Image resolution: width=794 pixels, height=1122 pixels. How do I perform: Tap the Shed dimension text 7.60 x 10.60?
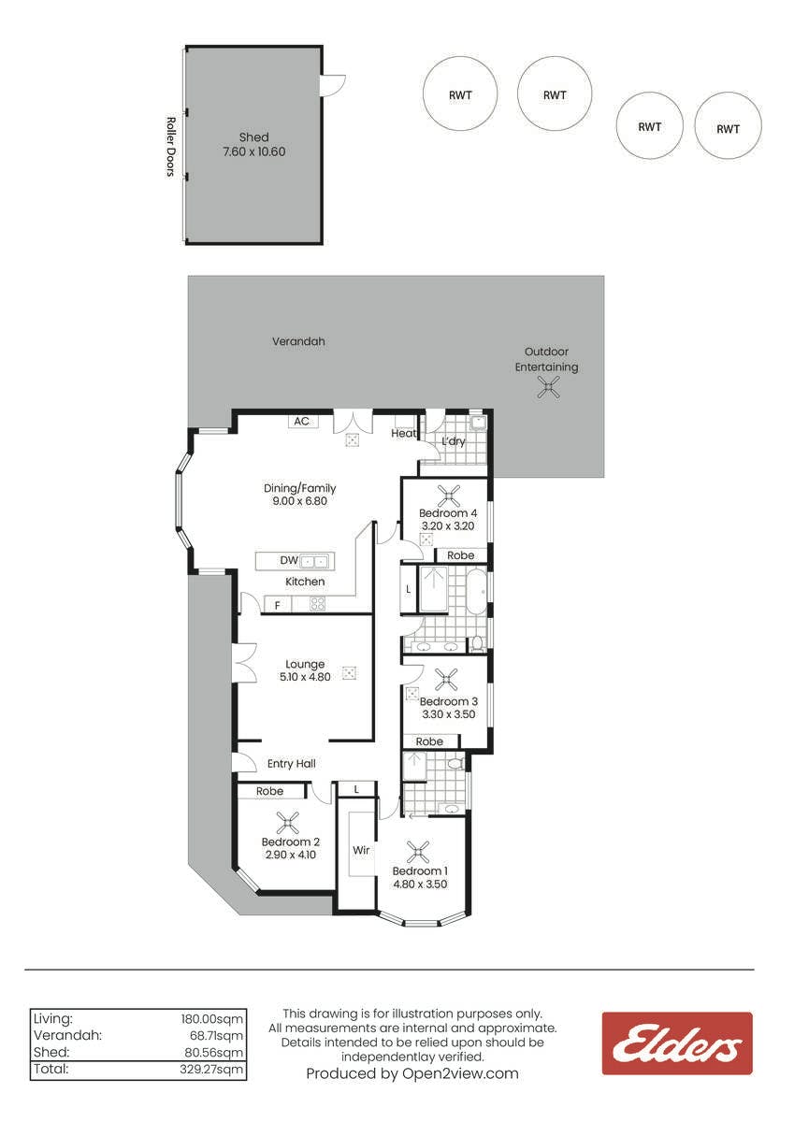pyautogui.click(x=254, y=151)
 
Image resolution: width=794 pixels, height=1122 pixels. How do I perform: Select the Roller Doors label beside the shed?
pyautogui.click(x=171, y=147)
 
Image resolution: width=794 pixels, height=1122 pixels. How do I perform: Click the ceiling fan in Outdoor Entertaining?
pyautogui.click(x=548, y=387)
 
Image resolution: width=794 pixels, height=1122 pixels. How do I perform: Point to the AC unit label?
pyautogui.click(x=301, y=422)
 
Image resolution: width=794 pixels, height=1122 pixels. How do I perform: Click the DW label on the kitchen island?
pyautogui.click(x=289, y=560)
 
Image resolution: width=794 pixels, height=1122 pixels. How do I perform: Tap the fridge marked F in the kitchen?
pyautogui.click(x=278, y=605)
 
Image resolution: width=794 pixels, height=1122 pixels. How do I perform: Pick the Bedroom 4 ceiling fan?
pyautogui.click(x=448, y=496)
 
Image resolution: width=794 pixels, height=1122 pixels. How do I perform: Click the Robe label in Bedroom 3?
pyautogui.click(x=429, y=741)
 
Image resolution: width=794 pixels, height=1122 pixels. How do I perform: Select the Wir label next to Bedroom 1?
pyautogui.click(x=361, y=850)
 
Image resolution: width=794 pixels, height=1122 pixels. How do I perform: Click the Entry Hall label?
pyautogui.click(x=291, y=764)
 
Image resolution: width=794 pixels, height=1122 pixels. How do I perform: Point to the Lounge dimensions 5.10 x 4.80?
pyautogui.click(x=305, y=677)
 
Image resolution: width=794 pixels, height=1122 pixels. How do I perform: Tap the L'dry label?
pyautogui.click(x=454, y=441)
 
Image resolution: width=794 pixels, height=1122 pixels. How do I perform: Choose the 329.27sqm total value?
pyautogui.click(x=211, y=1070)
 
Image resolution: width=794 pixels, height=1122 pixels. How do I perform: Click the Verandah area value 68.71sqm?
pyautogui.click(x=213, y=1035)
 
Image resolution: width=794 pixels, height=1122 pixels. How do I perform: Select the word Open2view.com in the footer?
pyautogui.click(x=460, y=1073)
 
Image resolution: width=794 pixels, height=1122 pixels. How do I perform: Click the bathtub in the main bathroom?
pyautogui.click(x=476, y=592)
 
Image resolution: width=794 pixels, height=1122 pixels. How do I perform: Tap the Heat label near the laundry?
pyautogui.click(x=403, y=433)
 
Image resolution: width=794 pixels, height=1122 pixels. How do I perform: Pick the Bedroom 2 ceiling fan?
pyautogui.click(x=287, y=823)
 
